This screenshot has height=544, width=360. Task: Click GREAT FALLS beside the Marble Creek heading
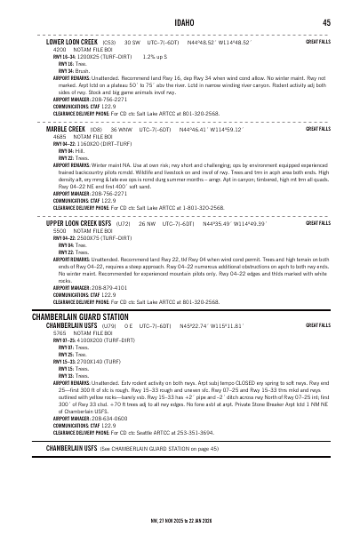click(318, 129)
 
